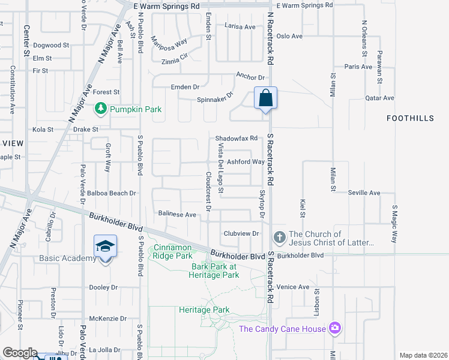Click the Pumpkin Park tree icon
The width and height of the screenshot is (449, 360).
101,109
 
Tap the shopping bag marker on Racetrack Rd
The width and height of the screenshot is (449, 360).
265,98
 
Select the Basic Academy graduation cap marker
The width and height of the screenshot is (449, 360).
104,246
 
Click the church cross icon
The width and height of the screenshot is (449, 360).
279,238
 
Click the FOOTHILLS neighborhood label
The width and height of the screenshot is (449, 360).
410,118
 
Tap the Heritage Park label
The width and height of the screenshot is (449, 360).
204,310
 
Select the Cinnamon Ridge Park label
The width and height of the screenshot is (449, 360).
172,251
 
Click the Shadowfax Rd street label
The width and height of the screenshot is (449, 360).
236,138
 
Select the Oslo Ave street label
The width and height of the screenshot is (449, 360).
289,36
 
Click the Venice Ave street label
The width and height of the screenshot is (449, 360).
293,287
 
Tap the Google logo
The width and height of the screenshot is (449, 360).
20,353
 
